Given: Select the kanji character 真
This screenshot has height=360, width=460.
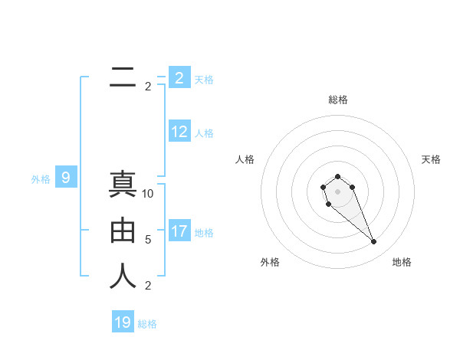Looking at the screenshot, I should tap(123, 186).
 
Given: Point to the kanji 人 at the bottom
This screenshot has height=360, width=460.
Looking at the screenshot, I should tap(123, 276).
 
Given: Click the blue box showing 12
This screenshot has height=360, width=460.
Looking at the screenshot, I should tap(179, 132).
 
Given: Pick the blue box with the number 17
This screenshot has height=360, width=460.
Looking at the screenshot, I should tap(179, 231).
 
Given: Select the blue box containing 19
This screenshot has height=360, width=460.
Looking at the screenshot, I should tap(123, 322).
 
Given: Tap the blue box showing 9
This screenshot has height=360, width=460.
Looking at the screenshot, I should tap(66, 178).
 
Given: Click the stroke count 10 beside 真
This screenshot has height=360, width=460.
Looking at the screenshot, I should tap(149, 194).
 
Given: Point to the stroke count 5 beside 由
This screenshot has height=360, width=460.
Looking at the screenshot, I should tap(148, 240).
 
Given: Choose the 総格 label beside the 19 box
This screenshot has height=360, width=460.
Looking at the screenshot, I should tap(147, 324).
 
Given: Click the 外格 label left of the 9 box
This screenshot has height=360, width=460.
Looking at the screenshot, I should tap(41, 179).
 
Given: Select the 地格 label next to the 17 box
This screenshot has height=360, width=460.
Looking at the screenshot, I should tap(204, 232).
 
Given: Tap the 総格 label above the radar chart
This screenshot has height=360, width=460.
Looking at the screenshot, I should tap(338, 100).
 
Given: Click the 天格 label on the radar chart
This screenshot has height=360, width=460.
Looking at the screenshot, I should tap(431, 159).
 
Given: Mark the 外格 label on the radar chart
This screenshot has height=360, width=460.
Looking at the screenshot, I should tap(270, 262).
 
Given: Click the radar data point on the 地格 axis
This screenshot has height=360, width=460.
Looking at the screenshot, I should tap(374, 242).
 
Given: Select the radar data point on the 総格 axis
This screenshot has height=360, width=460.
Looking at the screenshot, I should tap(337, 177).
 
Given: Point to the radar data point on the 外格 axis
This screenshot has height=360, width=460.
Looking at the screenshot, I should tap(328, 205).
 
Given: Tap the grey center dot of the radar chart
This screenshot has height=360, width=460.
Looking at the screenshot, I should tap(337, 191).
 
